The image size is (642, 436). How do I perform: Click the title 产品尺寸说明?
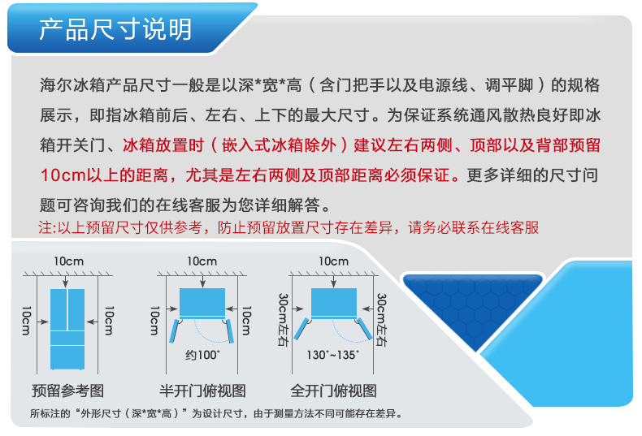coord(115,29)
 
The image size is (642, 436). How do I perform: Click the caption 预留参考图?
coord(68,391)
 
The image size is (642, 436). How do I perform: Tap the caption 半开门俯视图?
coord(202,391)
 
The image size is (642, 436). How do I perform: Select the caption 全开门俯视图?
coord(334,391)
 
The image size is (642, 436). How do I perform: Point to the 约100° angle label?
coord(202,355)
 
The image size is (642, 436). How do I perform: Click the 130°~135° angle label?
coord(333,355)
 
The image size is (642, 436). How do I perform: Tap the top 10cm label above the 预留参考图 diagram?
coord(69,261)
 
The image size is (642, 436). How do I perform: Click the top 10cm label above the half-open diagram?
coord(202,261)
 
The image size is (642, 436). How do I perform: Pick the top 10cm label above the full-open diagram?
coord(334,261)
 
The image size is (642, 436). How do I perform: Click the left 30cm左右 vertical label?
coord(284,320)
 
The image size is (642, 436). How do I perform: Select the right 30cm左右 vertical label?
coord(382,320)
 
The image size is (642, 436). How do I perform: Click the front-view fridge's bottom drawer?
coord(67,357)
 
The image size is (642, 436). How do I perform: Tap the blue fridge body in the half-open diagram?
coord(202,303)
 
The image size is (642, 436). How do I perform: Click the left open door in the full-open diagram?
coord(301,329)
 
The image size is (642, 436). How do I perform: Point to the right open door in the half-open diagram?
coord(230,331)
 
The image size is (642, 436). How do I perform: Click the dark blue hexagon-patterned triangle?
coord(473,303)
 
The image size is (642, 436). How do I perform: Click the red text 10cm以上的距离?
coord(104,175)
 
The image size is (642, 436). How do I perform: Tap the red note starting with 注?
coord(288,227)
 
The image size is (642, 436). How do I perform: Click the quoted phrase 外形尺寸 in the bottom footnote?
coord(98,413)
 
